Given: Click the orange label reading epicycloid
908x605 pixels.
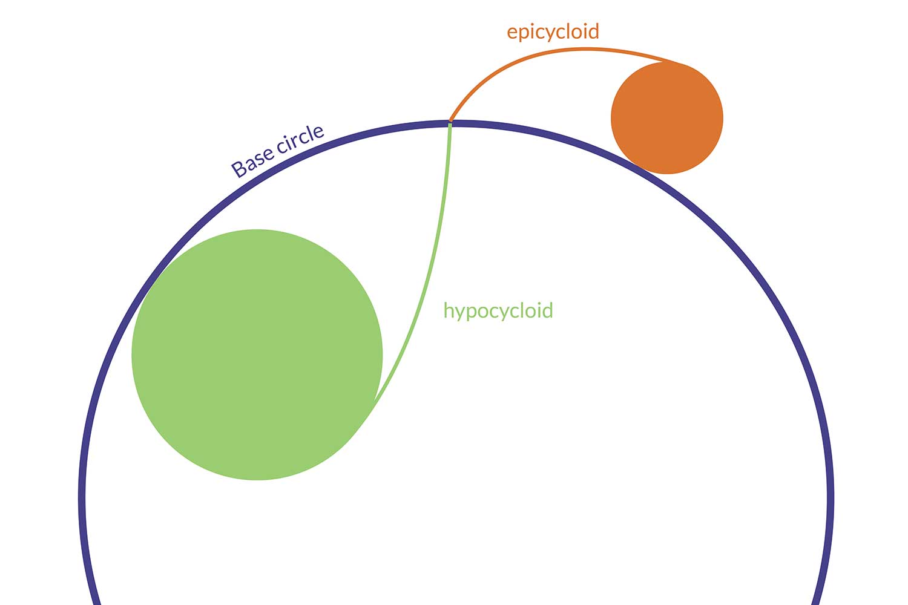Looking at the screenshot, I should pyautogui.click(x=553, y=31).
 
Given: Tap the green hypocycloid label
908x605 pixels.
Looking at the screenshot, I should pyautogui.click(x=498, y=310).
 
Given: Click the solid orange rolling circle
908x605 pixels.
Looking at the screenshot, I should pyautogui.click(x=667, y=118).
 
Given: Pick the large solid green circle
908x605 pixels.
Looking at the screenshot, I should pyautogui.click(x=257, y=355).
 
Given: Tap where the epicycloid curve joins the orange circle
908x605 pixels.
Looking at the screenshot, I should pyautogui.click(x=678, y=63).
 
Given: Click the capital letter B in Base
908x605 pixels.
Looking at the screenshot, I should pyautogui.click(x=240, y=168).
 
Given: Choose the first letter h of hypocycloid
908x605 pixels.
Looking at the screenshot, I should pyautogui.click(x=448, y=310).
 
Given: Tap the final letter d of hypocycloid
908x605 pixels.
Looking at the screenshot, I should pyautogui.click(x=547, y=310).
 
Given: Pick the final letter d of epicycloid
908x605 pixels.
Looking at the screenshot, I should pyautogui.click(x=593, y=31).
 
